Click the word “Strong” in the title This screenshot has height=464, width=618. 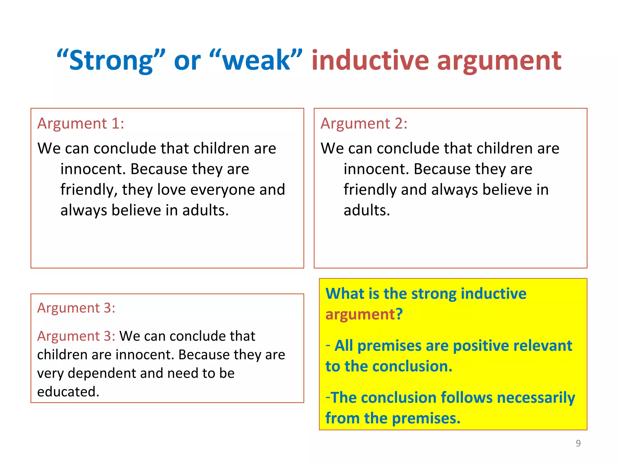coord(111,60)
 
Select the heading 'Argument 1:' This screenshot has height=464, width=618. coord(81,124)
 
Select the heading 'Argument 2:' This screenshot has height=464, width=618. coord(364,124)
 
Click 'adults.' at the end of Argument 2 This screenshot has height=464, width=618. coord(367,210)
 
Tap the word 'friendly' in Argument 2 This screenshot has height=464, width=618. coord(370,190)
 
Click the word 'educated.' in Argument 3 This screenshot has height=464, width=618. coord(68,392)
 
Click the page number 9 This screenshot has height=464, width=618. coord(578,443)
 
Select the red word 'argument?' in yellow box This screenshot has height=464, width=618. coord(364,314)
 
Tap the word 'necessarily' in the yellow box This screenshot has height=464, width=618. coord(536,398)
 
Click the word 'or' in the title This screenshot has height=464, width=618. coord(187,60)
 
